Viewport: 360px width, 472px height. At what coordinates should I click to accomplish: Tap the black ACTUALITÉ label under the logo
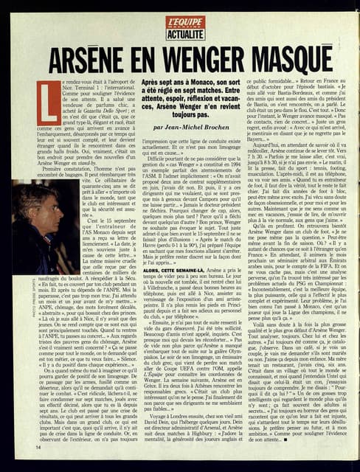point(185,34)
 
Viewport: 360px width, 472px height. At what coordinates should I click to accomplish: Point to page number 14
point(39,446)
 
